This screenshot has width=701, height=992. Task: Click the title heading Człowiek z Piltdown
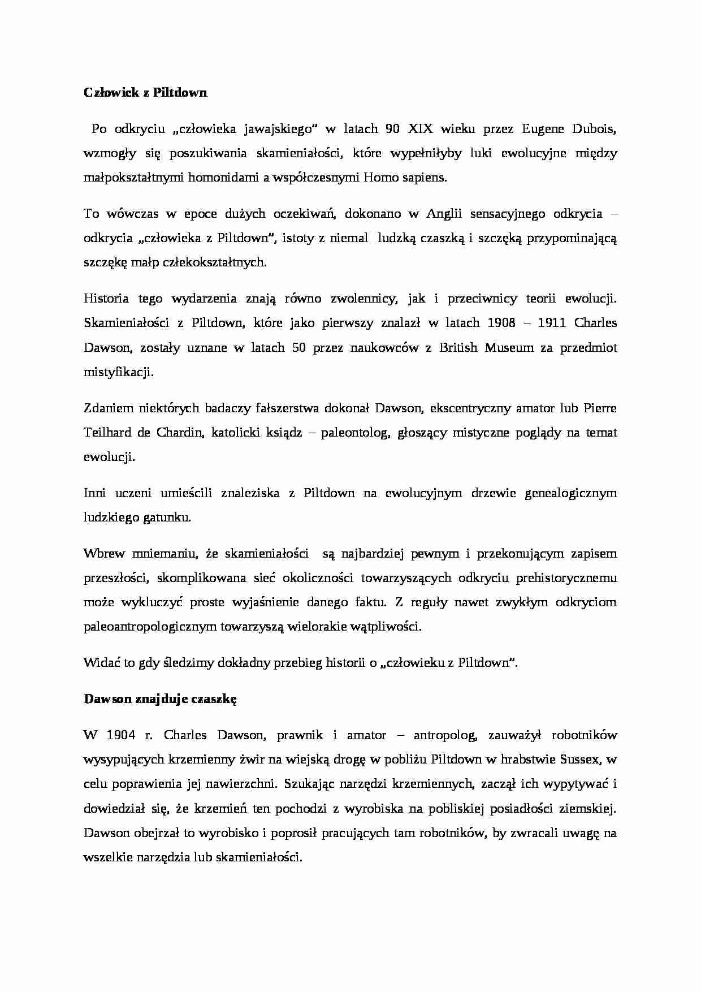click(145, 93)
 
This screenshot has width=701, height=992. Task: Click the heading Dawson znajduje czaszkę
click(160, 699)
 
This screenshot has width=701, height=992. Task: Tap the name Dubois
click(595, 129)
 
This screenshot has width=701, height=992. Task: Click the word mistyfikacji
click(118, 372)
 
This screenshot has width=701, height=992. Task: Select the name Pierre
click(599, 408)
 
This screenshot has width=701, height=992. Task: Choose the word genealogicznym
click(570, 493)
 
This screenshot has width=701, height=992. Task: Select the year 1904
click(120, 735)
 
